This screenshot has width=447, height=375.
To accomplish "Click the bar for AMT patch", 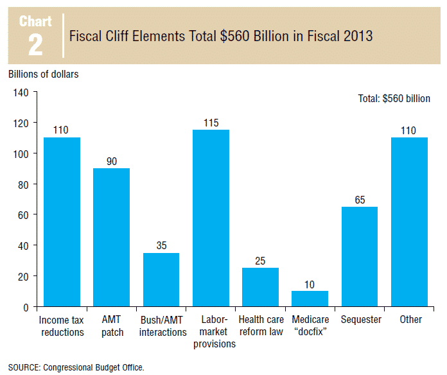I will [111, 238].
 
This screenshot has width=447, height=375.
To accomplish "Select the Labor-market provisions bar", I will [211, 218].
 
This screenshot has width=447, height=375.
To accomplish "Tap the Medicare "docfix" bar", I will [310, 299].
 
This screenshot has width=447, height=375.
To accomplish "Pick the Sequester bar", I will [359, 257].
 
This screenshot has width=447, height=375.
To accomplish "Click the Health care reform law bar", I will [260, 287].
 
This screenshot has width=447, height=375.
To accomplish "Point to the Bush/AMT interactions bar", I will [161, 279].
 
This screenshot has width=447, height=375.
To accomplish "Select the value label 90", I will [111, 161].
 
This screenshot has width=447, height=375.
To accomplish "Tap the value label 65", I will [359, 200].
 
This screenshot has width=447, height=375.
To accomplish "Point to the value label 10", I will [310, 284].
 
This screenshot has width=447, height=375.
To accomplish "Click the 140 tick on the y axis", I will [21, 92].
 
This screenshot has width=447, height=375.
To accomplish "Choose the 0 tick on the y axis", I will [26, 308].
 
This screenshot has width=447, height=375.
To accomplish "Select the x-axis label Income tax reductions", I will [62, 326].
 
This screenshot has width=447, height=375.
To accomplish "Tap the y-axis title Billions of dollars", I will [44, 74].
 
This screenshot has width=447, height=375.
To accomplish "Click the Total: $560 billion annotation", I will [393, 99].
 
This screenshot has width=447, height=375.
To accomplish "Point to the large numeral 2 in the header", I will [36, 44].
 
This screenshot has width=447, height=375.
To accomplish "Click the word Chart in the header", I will [36, 22].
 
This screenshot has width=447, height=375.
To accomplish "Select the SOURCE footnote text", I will [76, 367].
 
